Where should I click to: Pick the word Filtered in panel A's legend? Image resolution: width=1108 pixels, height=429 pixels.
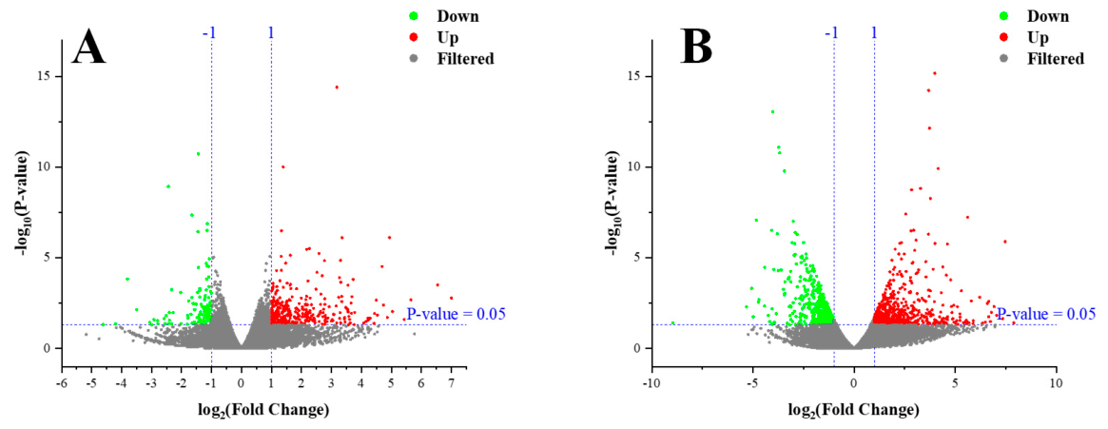click(x=464, y=59)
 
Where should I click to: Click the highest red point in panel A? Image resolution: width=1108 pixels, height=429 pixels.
click(x=337, y=87)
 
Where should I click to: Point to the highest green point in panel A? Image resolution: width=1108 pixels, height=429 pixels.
click(x=199, y=153)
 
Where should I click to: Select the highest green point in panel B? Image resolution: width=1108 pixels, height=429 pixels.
click(x=772, y=111)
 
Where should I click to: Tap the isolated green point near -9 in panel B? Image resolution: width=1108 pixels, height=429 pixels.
click(x=672, y=323)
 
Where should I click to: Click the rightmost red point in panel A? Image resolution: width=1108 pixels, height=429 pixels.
click(x=451, y=298)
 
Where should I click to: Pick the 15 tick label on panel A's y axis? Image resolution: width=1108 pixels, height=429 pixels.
click(x=48, y=76)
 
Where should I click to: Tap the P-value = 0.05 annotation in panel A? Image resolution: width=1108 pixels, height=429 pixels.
click(x=456, y=314)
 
